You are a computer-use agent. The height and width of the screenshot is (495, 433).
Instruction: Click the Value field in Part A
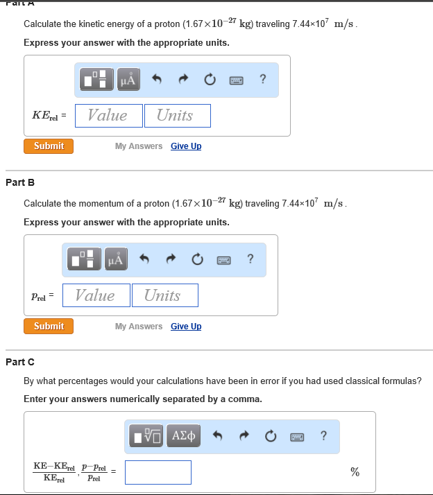pyautogui.click(x=108, y=116)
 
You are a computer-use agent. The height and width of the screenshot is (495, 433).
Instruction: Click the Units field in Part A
pyautogui.click(x=178, y=116)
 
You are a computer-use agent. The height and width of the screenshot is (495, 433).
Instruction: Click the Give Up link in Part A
pyautogui.click(x=186, y=146)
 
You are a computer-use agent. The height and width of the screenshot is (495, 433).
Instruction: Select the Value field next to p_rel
pyautogui.click(x=96, y=295)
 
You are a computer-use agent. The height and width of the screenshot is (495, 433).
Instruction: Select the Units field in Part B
pyautogui.click(x=164, y=295)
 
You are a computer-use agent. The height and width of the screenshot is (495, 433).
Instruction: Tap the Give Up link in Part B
pyautogui.click(x=186, y=327)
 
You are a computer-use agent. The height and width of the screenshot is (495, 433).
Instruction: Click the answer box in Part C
pyautogui.click(x=158, y=472)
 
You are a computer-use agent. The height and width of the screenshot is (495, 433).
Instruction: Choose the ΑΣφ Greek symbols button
pyautogui.click(x=184, y=436)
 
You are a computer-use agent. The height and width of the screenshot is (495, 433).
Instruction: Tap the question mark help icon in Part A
pyautogui.click(x=262, y=80)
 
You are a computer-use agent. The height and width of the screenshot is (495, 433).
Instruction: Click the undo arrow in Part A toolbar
pyautogui.click(x=157, y=80)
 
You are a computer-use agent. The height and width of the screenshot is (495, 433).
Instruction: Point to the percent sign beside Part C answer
pyautogui.click(x=355, y=472)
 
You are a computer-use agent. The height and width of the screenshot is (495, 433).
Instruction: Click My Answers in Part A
pyautogui.click(x=139, y=146)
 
